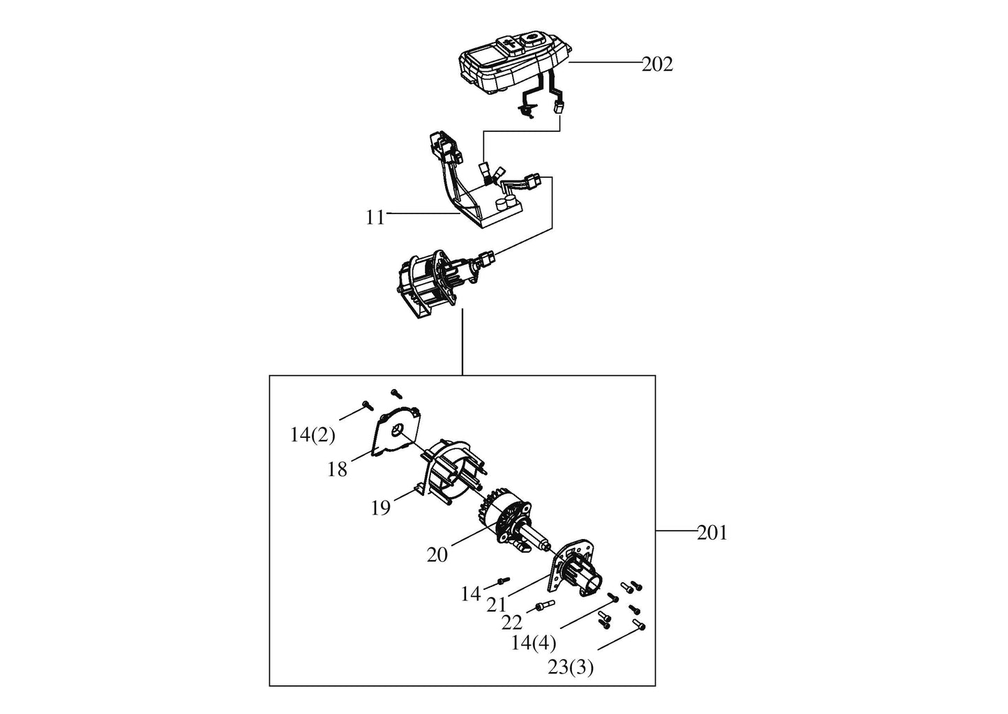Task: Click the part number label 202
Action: (x=657, y=65)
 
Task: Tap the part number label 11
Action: (x=375, y=218)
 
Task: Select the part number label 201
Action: (x=712, y=533)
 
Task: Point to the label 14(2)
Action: (x=313, y=435)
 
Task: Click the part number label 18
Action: (x=337, y=470)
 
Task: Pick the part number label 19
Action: (x=381, y=508)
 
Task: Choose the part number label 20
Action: (x=437, y=555)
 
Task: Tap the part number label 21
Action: (x=497, y=605)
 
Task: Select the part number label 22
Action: (x=512, y=623)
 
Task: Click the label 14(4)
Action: (x=534, y=643)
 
